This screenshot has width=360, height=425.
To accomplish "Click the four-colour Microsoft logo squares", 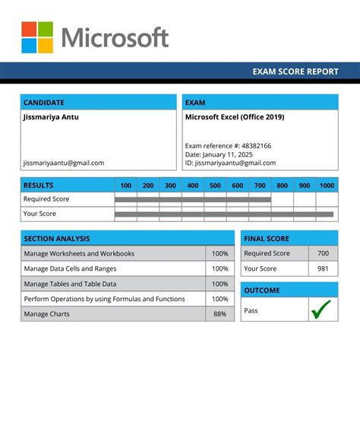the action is click(x=37, y=37).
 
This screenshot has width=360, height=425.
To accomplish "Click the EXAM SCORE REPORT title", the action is click(x=295, y=71).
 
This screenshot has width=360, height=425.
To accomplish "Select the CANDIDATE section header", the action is click(x=44, y=103).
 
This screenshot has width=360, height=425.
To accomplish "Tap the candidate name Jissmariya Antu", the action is click(x=51, y=117).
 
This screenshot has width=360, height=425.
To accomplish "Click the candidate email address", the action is click(x=64, y=163).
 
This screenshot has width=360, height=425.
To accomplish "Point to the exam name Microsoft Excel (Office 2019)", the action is click(x=235, y=117).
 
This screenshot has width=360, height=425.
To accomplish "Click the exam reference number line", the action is click(x=228, y=145).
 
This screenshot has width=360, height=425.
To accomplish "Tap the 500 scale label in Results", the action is click(x=215, y=186).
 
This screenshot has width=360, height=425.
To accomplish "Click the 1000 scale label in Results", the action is click(x=327, y=186).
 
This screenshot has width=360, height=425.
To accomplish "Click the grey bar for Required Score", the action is click(x=192, y=199).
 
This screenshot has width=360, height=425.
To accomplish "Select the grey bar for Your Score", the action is click(x=224, y=214).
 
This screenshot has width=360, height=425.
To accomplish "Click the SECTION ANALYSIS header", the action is click(x=57, y=238).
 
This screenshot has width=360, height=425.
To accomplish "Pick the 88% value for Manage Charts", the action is click(x=219, y=314).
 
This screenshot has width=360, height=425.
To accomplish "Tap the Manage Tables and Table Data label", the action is click(x=73, y=284).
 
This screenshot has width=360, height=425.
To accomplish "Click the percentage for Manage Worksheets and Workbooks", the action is click(x=219, y=253).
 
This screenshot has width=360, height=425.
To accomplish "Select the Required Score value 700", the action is click(x=323, y=253).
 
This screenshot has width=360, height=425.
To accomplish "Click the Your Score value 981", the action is click(x=323, y=268).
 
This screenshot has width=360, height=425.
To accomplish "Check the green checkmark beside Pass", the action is click(x=322, y=309).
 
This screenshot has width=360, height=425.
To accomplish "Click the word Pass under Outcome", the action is click(x=251, y=310).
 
